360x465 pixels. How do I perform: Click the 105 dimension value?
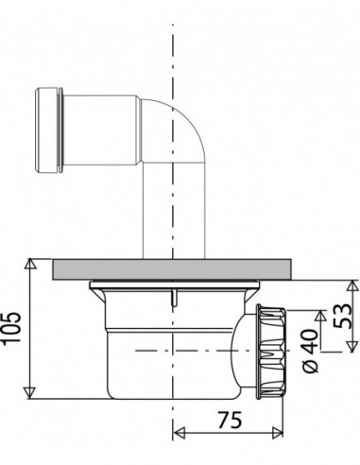[x=11, y=328]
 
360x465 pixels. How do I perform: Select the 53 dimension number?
[x=342, y=316]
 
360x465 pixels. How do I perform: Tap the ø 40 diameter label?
[x=311, y=352]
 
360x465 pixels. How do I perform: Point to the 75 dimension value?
[x=231, y=420]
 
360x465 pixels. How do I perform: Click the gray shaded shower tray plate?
[x=171, y=269]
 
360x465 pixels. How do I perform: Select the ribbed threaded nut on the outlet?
[x=270, y=352]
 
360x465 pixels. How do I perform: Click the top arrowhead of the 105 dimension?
[x=30, y=264]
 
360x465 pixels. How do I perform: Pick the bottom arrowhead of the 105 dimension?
[x=30, y=393]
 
